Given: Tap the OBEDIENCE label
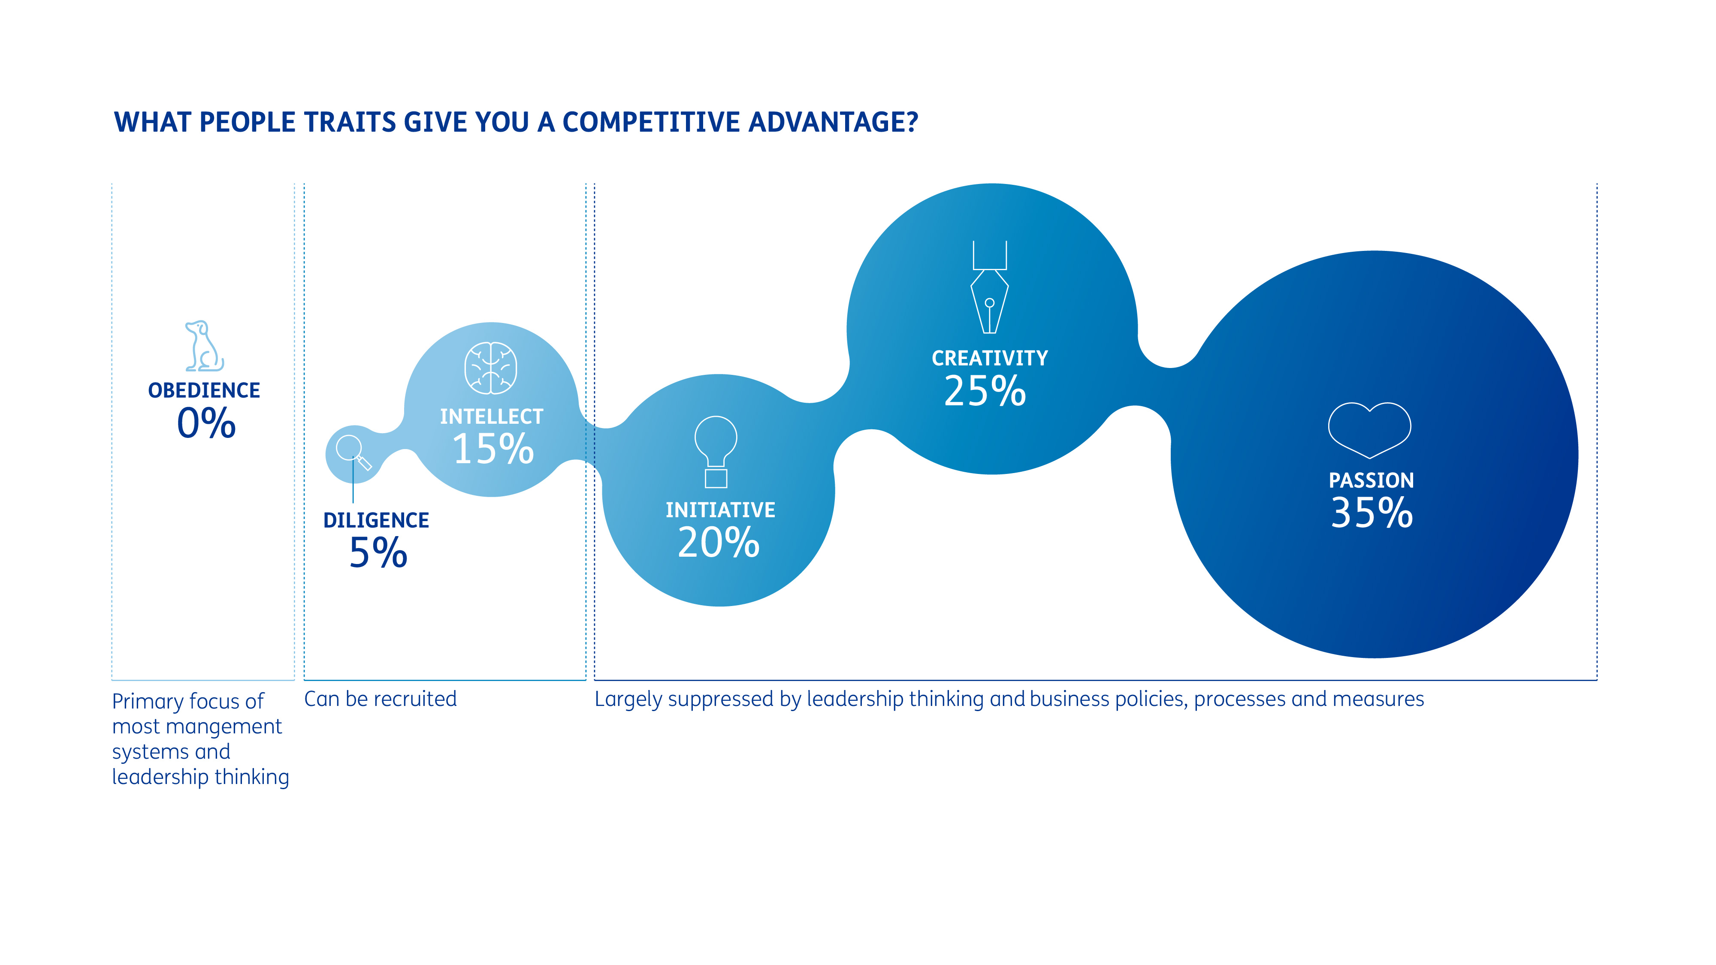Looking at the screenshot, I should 204,390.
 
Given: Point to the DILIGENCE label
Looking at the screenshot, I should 376,520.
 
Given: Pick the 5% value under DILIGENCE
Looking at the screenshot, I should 378,553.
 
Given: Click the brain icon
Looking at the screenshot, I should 490,368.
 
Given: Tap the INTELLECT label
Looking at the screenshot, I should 492,416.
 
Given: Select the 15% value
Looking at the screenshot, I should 493,449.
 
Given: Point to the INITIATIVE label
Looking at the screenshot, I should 720,510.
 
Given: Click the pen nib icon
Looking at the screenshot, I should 989,288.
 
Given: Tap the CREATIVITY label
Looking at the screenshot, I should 989,358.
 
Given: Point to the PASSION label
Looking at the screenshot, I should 1371,480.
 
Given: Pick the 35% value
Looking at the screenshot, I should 1371,513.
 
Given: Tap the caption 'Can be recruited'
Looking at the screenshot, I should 381,699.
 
